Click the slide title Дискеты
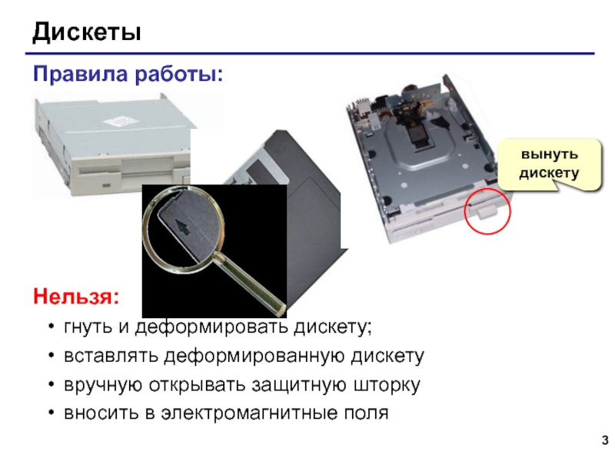87,32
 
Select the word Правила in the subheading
81,74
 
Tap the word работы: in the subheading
179,75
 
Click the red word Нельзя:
75,297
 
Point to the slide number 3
605,439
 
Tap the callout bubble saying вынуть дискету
549,164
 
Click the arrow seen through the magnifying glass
182,227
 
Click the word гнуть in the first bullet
88,327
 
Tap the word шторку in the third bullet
387,386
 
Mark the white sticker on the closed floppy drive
119,121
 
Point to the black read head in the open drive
416,134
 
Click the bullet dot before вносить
51,413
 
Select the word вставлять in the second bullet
111,357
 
